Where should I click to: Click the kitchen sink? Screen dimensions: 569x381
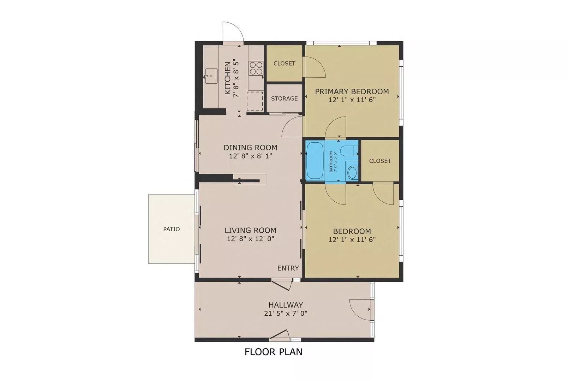coord(211,76)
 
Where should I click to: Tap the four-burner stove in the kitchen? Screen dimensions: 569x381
coord(256,68)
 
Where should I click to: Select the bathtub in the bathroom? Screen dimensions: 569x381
coord(315,161)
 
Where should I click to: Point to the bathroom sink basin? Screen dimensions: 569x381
coord(352,172)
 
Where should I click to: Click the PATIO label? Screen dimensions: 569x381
coord(172,229)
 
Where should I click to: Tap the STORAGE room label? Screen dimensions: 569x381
coord(284,99)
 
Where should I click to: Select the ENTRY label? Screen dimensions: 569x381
coord(288,268)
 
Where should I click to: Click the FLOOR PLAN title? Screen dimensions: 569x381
coord(273,352)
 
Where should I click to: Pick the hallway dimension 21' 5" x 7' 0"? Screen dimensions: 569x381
coord(286,314)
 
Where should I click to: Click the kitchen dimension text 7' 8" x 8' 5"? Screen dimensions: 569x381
coord(236,78)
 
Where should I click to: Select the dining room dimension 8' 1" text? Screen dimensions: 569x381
coord(265,156)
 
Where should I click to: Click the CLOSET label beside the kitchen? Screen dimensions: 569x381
coord(284,64)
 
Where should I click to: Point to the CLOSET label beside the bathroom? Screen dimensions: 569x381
coord(380,161)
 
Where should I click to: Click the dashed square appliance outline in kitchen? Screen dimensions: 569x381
coord(255,101)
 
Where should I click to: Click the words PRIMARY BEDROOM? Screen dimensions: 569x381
coord(352,91)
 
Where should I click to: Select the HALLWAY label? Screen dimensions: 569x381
coord(286,305)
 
